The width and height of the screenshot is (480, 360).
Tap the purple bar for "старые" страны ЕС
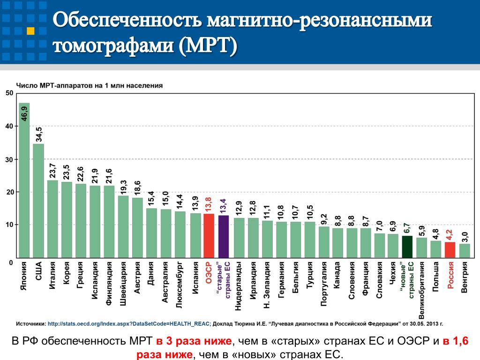click(224, 237)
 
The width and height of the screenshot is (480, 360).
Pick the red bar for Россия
click(450, 250)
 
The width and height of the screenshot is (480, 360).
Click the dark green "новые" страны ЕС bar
click(407, 247)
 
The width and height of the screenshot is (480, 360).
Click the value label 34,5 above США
click(38, 135)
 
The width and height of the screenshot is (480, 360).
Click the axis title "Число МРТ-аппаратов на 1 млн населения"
click(90, 86)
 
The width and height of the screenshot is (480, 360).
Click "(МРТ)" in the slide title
click(207, 45)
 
